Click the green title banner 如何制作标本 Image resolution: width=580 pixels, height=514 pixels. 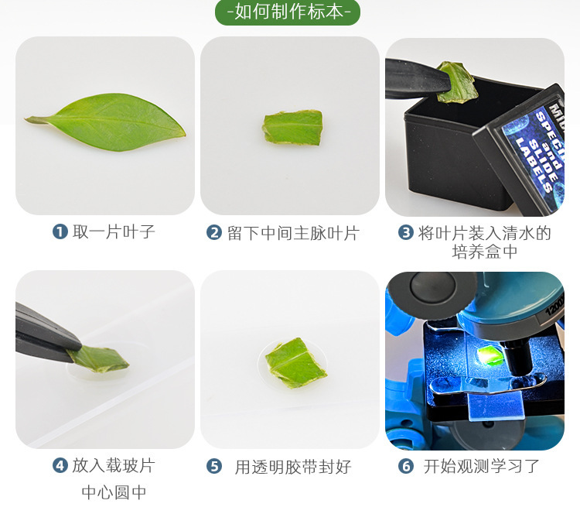click(x=289, y=12)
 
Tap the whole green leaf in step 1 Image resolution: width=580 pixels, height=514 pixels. click(x=108, y=122)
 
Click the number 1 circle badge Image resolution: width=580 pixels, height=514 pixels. click(x=60, y=231)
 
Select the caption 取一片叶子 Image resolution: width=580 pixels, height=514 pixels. click(x=114, y=231)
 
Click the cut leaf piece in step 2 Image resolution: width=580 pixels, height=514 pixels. click(x=292, y=127)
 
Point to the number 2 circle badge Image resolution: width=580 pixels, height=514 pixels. click(x=214, y=232)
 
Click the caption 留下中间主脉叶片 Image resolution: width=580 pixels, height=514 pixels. click(x=293, y=232)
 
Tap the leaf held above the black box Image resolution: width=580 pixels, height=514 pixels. click(x=457, y=83)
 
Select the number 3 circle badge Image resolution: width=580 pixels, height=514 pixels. click(x=405, y=232)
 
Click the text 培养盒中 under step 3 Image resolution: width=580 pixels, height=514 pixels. click(x=485, y=252)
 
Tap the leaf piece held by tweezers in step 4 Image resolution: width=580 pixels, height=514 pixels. click(x=98, y=358)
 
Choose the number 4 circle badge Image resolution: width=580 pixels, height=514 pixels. click(x=60, y=465)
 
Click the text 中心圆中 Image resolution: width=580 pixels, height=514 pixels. click(x=114, y=492)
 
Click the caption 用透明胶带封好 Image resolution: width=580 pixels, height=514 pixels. click(x=293, y=467)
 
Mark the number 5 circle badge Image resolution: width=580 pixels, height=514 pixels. click(x=214, y=466)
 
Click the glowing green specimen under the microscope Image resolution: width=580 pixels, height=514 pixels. click(x=489, y=355)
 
